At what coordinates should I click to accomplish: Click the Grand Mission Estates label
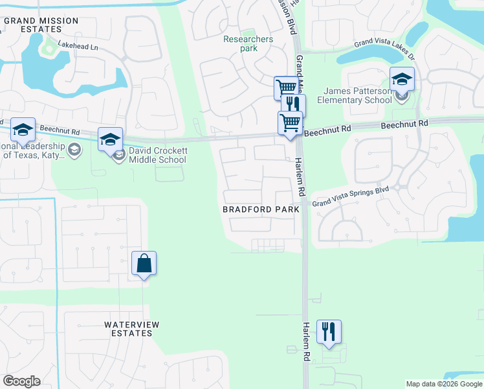41,25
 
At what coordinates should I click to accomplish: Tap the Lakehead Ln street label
78,47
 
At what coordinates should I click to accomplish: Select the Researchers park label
248,43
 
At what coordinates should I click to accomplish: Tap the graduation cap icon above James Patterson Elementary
402,79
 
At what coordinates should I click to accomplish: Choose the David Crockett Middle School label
158,155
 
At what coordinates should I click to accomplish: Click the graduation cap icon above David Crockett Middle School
110,139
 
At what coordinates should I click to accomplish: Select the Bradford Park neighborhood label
261,209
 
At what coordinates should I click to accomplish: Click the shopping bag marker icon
144,263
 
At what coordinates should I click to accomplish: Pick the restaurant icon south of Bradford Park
329,331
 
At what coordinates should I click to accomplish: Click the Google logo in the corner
21,381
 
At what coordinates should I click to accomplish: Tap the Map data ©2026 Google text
443,384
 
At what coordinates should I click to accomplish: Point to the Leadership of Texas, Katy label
32,150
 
